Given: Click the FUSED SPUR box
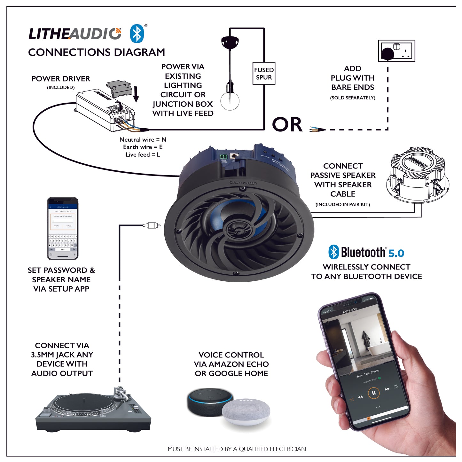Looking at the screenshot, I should (x=264, y=74).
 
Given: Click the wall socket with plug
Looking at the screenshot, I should (x=396, y=51).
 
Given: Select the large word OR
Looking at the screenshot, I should (x=287, y=125).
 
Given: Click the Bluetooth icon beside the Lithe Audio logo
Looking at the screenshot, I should (x=137, y=34).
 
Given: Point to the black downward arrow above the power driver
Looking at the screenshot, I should (x=136, y=94).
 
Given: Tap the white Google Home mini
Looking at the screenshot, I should (x=246, y=412).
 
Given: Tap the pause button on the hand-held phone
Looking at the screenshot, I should (x=373, y=393).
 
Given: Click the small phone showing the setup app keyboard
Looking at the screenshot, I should (x=63, y=229).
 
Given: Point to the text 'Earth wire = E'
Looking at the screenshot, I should (x=143, y=147).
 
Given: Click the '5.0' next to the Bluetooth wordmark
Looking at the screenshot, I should (x=396, y=253).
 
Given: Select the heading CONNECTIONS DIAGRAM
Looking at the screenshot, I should (x=97, y=52).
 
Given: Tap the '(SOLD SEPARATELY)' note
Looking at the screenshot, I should (x=352, y=98).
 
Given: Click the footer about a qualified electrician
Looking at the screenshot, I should (x=237, y=449).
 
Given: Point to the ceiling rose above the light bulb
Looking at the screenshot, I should (x=230, y=42).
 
